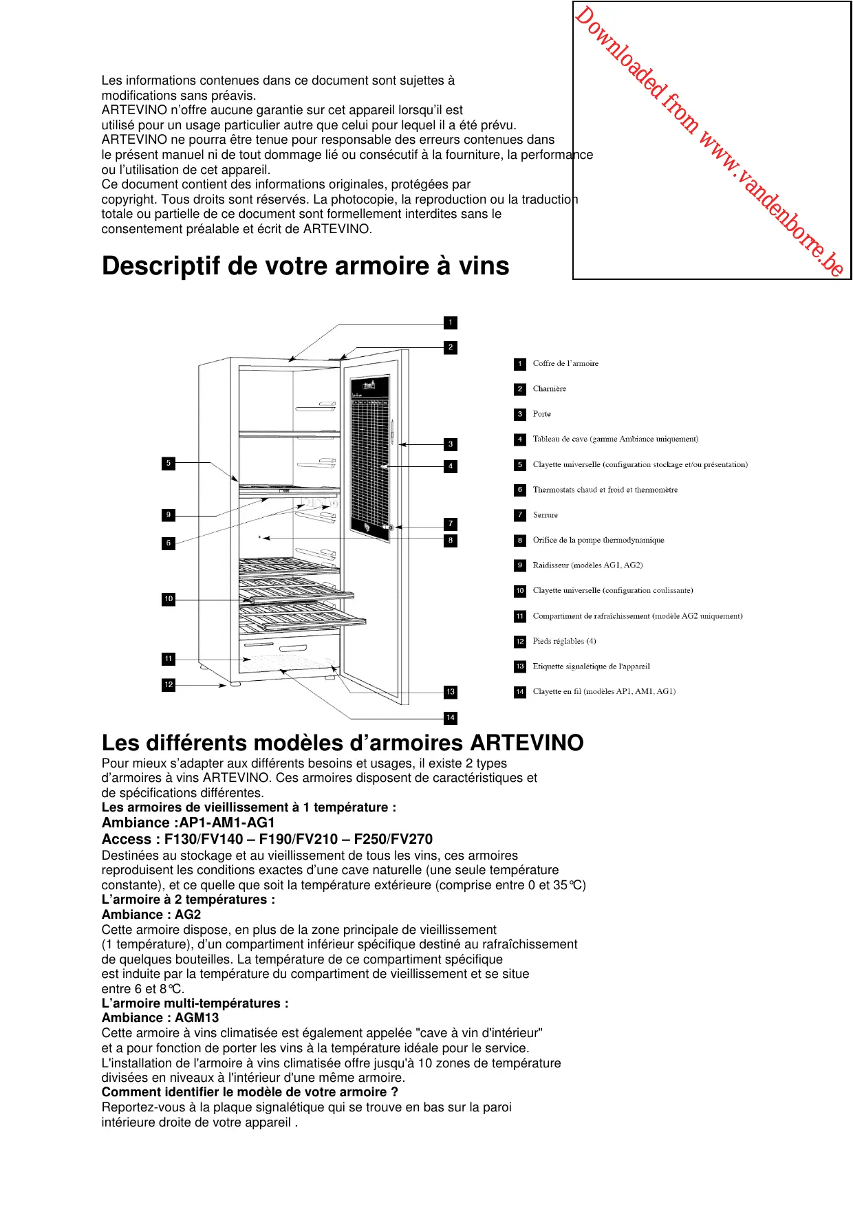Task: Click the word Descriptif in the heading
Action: coord(160,266)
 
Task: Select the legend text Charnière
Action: coord(549,389)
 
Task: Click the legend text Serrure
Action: coord(545,515)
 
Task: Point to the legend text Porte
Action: coord(541,414)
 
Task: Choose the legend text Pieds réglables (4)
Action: coord(564,641)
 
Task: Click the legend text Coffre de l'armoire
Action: coord(565,363)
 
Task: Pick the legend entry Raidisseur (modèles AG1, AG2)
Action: coord(587,565)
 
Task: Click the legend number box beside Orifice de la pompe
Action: coord(520,541)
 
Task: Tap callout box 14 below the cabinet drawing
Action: coord(451,717)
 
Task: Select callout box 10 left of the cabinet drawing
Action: coord(169,599)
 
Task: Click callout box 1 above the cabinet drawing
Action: coord(451,323)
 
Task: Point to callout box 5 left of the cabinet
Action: coord(169,464)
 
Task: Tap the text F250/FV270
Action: coord(393,839)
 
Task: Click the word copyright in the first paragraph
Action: coord(129,199)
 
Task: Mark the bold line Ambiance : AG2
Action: coord(151,915)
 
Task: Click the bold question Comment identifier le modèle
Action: coord(250,1092)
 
